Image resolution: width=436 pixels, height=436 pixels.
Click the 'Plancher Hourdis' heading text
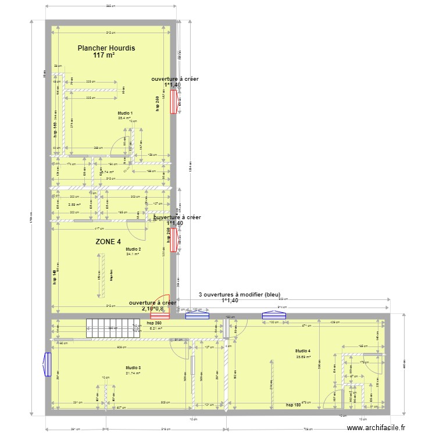[106, 48]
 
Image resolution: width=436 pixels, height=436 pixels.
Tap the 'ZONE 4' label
[108, 241]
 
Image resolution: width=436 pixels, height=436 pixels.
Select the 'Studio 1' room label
[125, 113]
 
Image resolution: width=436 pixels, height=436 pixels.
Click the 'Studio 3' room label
[133, 367]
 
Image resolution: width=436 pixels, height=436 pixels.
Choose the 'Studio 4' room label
[303, 351]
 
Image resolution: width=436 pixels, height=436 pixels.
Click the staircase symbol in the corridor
[115, 328]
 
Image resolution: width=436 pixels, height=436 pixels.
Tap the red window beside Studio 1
[173, 103]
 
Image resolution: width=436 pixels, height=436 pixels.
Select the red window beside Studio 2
[173, 240]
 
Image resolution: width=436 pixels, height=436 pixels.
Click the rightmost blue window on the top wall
[274, 316]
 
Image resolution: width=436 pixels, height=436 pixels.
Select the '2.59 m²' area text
[74, 204]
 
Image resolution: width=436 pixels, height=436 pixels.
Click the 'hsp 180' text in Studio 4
[293, 405]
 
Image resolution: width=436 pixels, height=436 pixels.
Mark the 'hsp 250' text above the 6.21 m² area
[154, 323]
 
